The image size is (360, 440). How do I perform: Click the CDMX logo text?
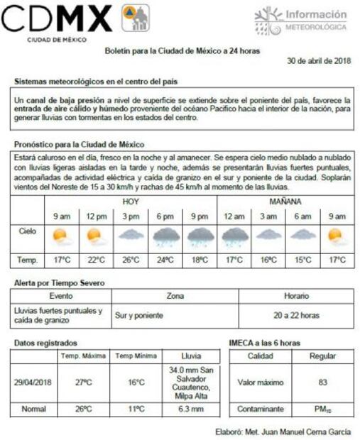57,19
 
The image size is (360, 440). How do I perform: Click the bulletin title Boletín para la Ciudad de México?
182,52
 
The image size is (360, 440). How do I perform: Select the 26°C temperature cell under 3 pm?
131,260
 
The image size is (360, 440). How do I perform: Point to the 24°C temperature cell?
165,260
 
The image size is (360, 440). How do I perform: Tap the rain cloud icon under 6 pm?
165,236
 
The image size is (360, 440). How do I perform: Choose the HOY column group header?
131,202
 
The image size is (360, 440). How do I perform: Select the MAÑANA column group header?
285,202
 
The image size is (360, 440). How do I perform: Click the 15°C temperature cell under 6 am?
302,260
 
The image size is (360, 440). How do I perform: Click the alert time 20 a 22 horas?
296,314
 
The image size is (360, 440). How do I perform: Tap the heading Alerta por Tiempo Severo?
60,283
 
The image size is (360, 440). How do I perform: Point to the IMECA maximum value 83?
322,383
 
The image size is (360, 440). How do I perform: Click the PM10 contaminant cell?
322,409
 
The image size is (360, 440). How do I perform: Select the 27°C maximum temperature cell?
84,383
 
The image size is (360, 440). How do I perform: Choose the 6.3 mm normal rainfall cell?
187,409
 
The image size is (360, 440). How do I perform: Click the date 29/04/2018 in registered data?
33,383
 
